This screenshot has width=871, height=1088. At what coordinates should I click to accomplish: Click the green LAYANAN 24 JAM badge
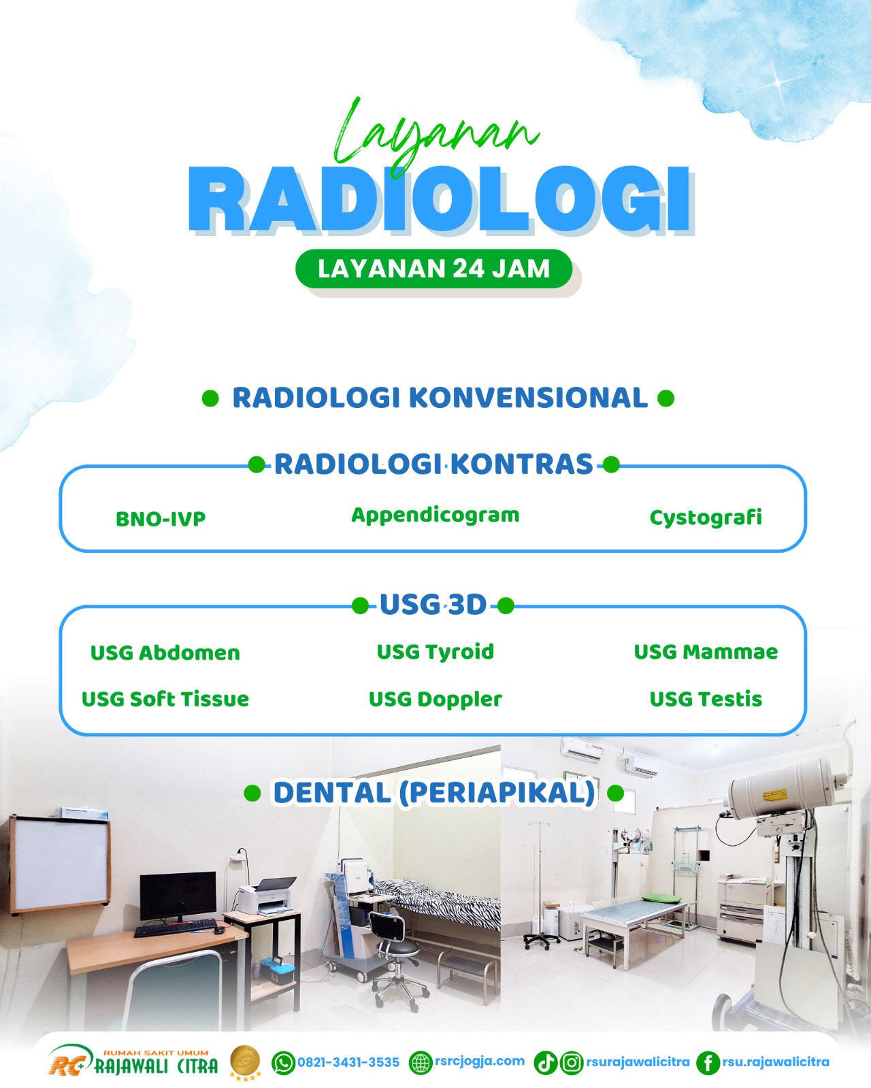433,269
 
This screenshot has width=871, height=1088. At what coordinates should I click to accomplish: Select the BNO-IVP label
161,519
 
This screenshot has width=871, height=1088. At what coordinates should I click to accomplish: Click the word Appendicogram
435,515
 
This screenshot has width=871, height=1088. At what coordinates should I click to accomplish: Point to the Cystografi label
706,517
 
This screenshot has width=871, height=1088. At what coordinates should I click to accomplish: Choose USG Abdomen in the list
165,653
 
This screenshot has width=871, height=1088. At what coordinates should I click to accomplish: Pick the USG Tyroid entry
435,652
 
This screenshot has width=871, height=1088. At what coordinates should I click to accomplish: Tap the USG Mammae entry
706,651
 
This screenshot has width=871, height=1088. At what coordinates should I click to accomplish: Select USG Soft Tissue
165,699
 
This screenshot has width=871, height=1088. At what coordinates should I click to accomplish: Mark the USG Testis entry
706,699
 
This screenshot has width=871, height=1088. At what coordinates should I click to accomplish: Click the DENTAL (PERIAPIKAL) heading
434,792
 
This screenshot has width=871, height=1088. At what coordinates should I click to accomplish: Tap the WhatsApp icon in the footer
284,1062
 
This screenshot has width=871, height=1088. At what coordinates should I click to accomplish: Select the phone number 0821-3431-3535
348,1062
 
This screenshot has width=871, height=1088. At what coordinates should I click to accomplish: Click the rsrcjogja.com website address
479,1061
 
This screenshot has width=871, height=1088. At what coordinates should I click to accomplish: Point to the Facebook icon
708,1062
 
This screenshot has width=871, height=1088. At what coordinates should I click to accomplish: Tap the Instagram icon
572,1062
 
